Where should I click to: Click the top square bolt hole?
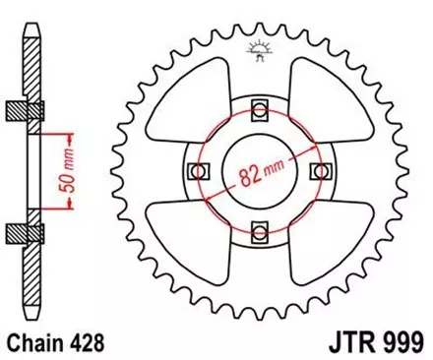[261, 107]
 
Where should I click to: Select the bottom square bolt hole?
[261, 232]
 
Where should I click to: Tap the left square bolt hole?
[199, 170]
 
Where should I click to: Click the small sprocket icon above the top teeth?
[261, 47]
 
